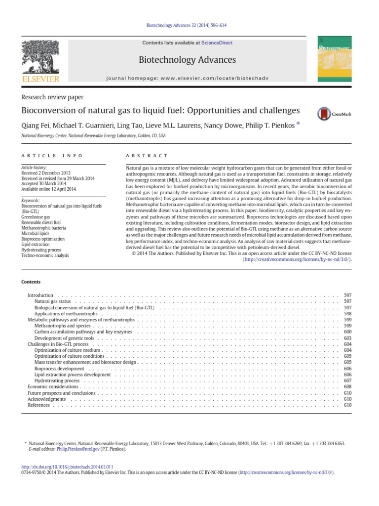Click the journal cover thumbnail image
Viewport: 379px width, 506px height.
coord(338,60)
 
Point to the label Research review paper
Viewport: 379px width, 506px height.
coord(52,97)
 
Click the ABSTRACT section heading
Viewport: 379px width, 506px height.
coord(147,155)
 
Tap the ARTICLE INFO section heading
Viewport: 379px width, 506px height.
coord(45,155)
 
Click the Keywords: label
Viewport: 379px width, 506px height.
coord(33,201)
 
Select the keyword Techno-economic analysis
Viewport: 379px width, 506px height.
coord(45,255)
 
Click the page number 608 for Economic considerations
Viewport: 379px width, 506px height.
coord(347,386)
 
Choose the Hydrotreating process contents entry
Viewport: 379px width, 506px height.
coord(57,380)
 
